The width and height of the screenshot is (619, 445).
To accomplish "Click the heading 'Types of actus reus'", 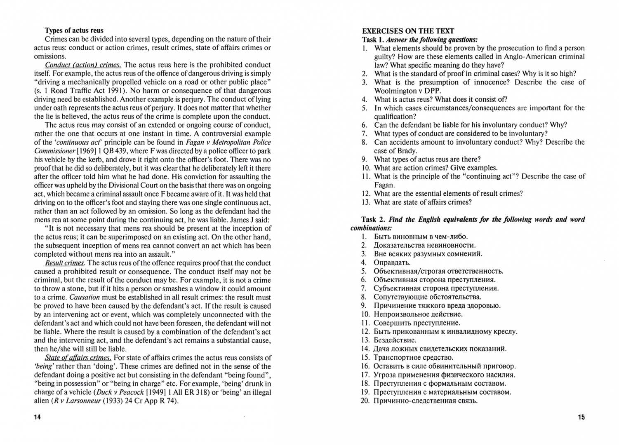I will (x=74, y=30).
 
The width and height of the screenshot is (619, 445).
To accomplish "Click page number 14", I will (x=38, y=417).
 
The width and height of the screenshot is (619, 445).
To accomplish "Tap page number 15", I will (x=581, y=417).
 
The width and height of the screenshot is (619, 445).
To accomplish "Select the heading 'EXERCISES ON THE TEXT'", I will (x=408, y=31).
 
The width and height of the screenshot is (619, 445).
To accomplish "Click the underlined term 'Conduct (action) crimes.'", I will (x=83, y=65).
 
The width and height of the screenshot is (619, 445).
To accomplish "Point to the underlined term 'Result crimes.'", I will (x=65, y=263).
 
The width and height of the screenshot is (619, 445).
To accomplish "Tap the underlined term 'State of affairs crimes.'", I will (x=78, y=358).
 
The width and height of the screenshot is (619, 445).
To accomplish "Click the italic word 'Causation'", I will (x=85, y=297).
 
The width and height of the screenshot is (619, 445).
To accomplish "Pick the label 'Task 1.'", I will (x=372, y=40).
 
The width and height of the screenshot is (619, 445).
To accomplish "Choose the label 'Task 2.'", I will (x=374, y=219).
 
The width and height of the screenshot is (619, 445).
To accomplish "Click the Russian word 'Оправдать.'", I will (x=392, y=262).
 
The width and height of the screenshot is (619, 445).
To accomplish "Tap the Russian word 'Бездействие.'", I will (x=395, y=340).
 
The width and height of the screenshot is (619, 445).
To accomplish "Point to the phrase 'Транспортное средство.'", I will (x=413, y=357).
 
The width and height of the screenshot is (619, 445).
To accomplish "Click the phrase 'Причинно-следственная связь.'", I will (x=426, y=400).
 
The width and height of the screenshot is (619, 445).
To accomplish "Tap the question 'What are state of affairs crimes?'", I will (x=423, y=202).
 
